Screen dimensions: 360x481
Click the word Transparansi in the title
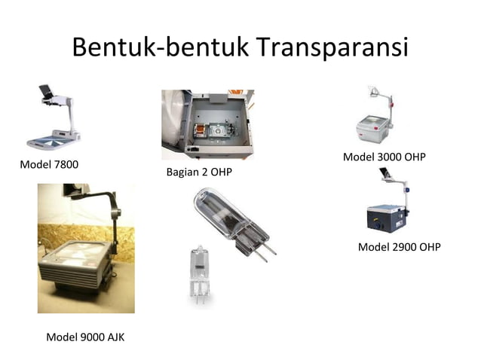click(x=331, y=48)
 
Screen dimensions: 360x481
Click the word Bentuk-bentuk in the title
click(x=159, y=48)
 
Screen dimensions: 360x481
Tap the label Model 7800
click(x=49, y=164)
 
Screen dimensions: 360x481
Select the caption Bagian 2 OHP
click(x=199, y=173)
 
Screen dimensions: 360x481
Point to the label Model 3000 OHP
click(x=384, y=157)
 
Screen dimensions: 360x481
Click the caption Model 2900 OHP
click(x=399, y=247)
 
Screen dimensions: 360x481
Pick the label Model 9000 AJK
click(x=85, y=337)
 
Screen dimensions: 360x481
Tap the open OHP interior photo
click(x=207, y=124)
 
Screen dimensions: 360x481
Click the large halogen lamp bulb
click(x=226, y=219)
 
